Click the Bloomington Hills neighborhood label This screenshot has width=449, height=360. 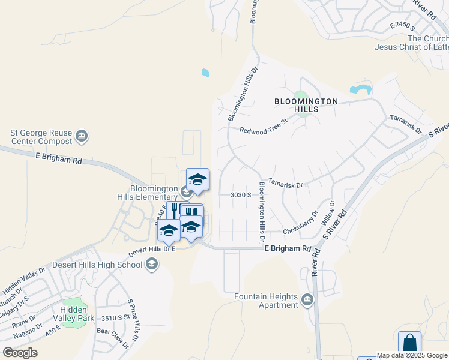[306, 106]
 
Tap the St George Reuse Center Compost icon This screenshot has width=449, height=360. [82, 137]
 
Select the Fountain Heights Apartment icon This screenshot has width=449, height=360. [307, 299]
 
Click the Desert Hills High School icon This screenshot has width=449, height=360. [152, 264]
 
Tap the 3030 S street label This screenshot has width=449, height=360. [240, 195]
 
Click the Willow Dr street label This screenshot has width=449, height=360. [328, 214]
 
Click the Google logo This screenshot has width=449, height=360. [20, 352]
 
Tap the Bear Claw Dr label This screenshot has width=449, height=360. [113, 337]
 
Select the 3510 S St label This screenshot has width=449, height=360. [116, 317]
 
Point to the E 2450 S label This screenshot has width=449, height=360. [403, 25]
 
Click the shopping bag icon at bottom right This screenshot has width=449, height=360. [409, 344]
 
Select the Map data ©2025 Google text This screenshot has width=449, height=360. [412, 355]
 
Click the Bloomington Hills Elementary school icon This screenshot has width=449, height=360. [185, 192]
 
